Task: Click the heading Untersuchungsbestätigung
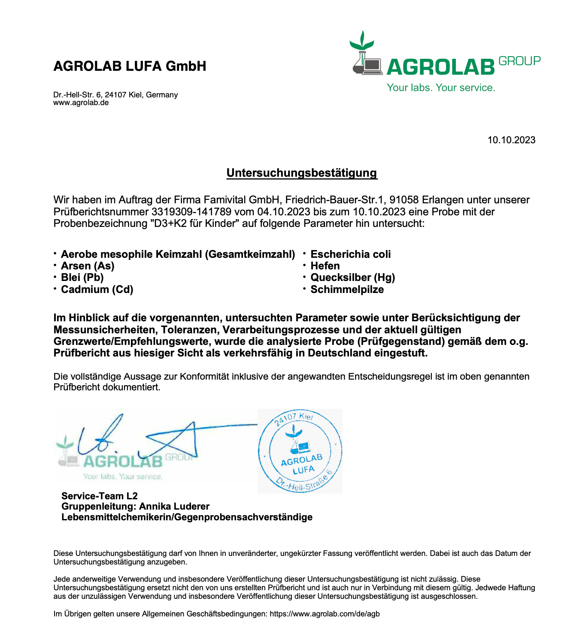[301, 173]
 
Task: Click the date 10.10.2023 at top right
[511, 140]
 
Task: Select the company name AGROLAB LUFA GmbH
[130, 66]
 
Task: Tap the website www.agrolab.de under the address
[81, 103]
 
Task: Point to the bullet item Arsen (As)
[88, 266]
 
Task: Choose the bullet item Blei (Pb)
[82, 278]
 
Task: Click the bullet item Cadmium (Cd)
[97, 290]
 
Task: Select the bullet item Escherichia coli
[350, 254]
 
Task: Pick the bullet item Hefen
[325, 266]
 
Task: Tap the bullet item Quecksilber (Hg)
[352, 278]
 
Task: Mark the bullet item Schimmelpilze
[347, 290]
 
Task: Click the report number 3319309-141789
[191, 212]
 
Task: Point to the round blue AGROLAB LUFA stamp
[300, 451]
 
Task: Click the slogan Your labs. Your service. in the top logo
[441, 88]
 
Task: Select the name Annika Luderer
[174, 507]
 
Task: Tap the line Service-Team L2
[100, 496]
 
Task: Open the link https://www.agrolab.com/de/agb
[324, 614]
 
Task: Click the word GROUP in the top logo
[519, 61]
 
